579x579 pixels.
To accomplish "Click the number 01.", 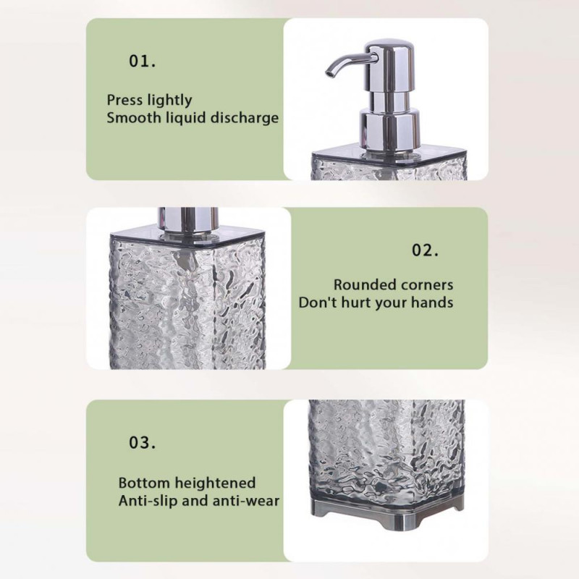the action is pyautogui.click(x=142, y=61).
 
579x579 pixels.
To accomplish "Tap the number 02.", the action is pyautogui.click(x=425, y=250).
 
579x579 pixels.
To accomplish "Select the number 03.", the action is pyautogui.click(x=142, y=442).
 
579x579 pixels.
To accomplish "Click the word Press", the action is pyautogui.click(x=124, y=100).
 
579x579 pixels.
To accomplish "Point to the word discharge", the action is pyautogui.click(x=245, y=118).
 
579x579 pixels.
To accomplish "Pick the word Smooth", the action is pyautogui.click(x=134, y=118).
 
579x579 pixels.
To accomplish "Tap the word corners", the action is pyautogui.click(x=424, y=285).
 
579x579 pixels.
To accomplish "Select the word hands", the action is pyautogui.click(x=432, y=303).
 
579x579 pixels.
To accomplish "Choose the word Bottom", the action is pyautogui.click(x=144, y=483).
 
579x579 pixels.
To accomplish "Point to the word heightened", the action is pyautogui.click(x=215, y=483).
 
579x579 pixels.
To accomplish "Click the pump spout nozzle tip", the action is pyautogui.click(x=329, y=74).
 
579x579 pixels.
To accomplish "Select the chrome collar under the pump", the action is pyautogui.click(x=389, y=130).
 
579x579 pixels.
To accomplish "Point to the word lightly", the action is pyautogui.click(x=169, y=100).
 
